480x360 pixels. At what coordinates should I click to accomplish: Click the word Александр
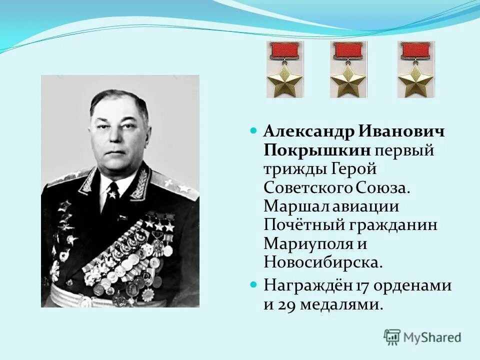pyautogui.click(x=307, y=132)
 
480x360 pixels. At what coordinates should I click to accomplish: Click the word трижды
pyautogui.click(x=293, y=169)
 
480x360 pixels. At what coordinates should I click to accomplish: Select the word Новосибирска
pyautogui.click(x=323, y=262)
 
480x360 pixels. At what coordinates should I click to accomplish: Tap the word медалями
pyautogui.click(x=340, y=304)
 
